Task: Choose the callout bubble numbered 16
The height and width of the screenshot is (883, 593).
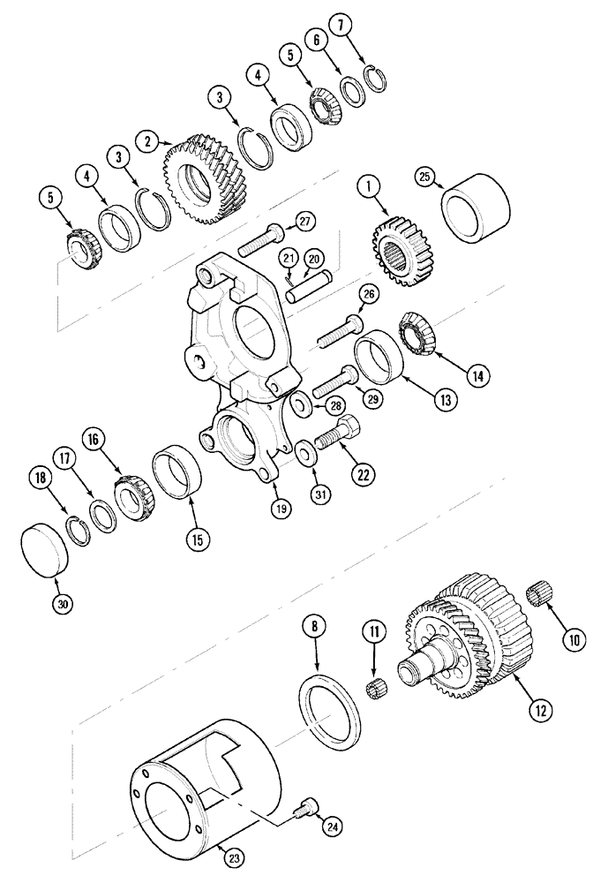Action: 95,439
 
